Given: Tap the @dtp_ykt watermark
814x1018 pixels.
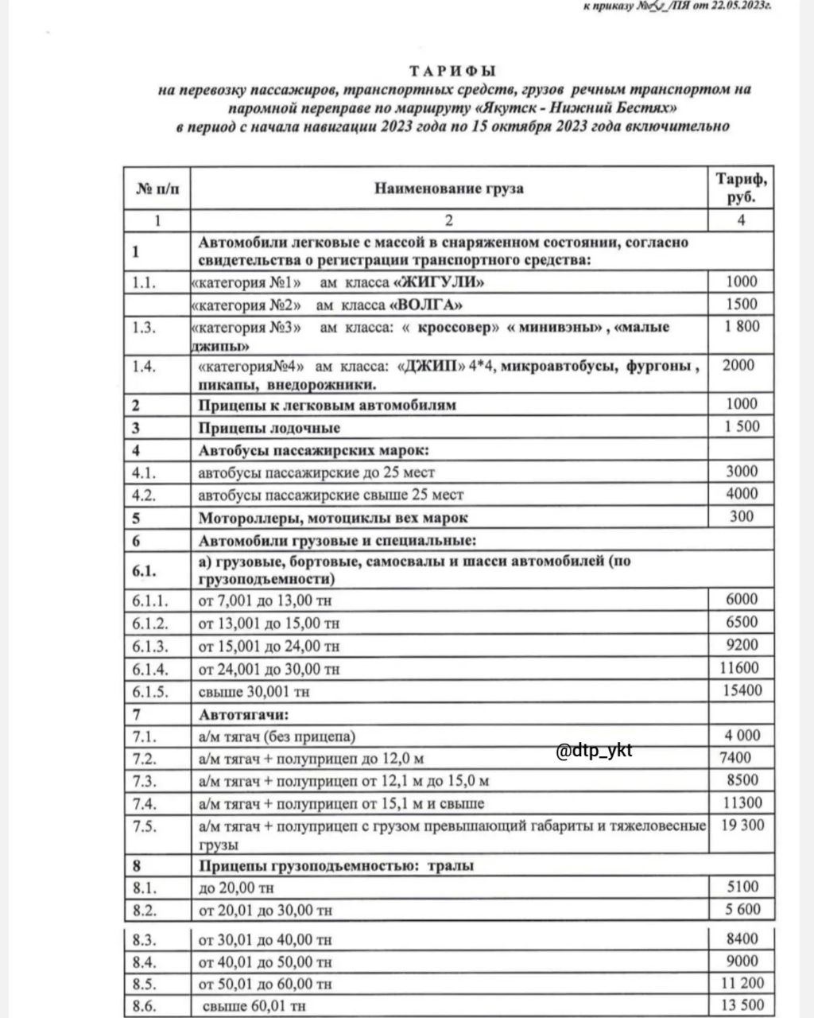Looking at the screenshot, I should pos(594,750).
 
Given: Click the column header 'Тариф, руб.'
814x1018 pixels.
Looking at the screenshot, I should pos(741,188).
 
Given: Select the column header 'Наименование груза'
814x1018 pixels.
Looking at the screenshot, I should pos(449,188).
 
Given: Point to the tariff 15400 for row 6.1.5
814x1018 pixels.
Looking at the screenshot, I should pos(741,691).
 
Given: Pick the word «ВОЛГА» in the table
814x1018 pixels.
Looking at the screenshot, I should pos(425,305).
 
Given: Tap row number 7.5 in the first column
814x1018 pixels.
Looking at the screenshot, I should pos(145,826).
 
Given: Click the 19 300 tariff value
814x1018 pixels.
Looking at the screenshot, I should pos(741,826).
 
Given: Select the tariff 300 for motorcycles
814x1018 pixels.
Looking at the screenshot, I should pos(741,517).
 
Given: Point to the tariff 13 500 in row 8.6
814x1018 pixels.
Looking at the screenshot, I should pos(741,1005).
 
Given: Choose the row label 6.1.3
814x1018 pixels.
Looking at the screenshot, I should pos(150,646).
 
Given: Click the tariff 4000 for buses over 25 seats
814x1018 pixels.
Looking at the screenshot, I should pos(741,494).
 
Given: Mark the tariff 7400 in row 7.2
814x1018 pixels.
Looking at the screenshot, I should pos(735,758).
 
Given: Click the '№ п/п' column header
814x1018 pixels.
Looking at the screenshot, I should pos(157,188).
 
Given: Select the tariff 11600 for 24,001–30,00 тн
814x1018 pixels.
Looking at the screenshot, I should pos(739,668).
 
